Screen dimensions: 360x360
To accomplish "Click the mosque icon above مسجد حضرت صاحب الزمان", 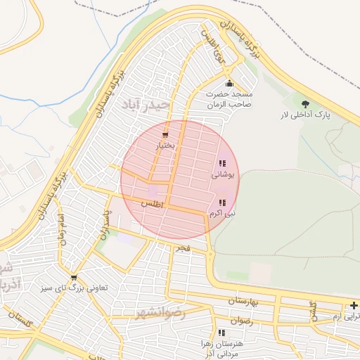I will click(229, 83).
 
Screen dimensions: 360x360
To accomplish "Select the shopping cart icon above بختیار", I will click(165, 135).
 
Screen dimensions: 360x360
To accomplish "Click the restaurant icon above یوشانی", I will click(222, 164).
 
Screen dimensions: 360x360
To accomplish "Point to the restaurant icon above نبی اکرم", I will click(222, 202).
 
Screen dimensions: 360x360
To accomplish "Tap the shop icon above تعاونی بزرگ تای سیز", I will click(74, 277).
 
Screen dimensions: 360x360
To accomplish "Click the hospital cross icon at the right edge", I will click(354, 305).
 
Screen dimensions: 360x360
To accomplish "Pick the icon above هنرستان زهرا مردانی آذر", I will click(222, 333).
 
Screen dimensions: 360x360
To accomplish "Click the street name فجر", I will click(183, 248).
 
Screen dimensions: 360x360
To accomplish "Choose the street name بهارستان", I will click(243, 301).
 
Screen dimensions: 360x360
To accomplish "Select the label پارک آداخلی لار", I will click(314, 114).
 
